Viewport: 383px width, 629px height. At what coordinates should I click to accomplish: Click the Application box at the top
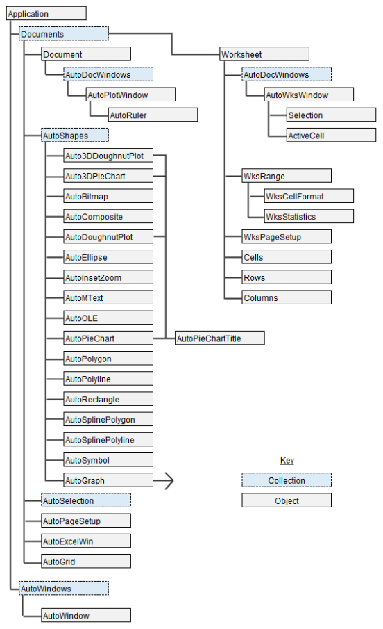click(x=46, y=14)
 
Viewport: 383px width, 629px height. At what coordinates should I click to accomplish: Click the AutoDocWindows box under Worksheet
click(x=286, y=74)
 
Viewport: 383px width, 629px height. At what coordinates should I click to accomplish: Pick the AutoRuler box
click(x=153, y=115)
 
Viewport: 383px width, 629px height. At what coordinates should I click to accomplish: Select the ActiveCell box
click(x=331, y=136)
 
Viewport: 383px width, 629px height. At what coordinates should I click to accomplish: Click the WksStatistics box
click(x=309, y=217)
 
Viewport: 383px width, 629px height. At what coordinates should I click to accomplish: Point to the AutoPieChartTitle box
click(x=219, y=338)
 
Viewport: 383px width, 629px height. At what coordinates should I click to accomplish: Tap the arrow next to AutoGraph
click(x=167, y=480)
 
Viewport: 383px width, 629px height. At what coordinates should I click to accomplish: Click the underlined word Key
click(x=287, y=461)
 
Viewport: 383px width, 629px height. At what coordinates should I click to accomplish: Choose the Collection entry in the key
click(x=287, y=480)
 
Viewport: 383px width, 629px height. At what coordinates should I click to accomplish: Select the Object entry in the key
click(x=287, y=500)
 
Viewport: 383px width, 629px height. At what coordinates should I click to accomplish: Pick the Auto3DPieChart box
click(x=108, y=177)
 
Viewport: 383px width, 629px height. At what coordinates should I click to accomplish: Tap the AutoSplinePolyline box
click(x=108, y=440)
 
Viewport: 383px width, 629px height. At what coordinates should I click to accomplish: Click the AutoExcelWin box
click(x=86, y=541)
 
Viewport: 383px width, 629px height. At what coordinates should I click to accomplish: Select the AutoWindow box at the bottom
click(x=86, y=616)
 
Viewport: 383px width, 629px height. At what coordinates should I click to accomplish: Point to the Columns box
click(x=287, y=298)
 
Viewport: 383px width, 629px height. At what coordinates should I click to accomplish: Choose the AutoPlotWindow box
click(x=130, y=95)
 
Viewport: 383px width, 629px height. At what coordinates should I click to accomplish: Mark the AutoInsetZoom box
click(x=108, y=277)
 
